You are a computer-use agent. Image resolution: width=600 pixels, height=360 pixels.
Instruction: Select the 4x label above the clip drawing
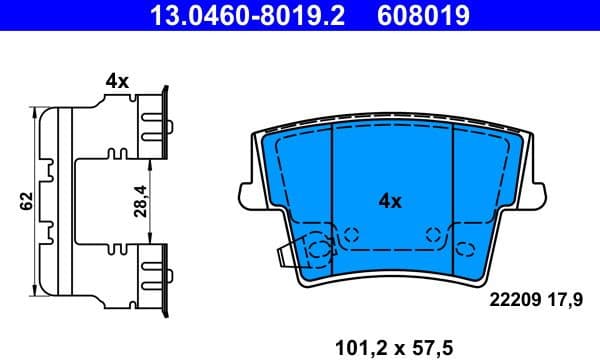(116, 82)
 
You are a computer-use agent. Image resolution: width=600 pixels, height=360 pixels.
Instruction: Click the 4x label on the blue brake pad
(389, 200)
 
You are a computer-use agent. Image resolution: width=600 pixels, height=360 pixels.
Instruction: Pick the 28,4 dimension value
(141, 200)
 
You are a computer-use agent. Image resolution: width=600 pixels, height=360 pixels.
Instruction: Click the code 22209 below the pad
(514, 297)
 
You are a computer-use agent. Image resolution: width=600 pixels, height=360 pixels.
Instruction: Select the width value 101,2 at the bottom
(355, 347)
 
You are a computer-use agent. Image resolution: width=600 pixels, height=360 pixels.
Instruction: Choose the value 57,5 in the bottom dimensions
(437, 347)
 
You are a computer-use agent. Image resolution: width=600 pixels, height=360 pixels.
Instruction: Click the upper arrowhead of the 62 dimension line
(37, 111)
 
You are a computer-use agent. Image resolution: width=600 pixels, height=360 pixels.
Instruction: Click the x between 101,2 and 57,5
(397, 348)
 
